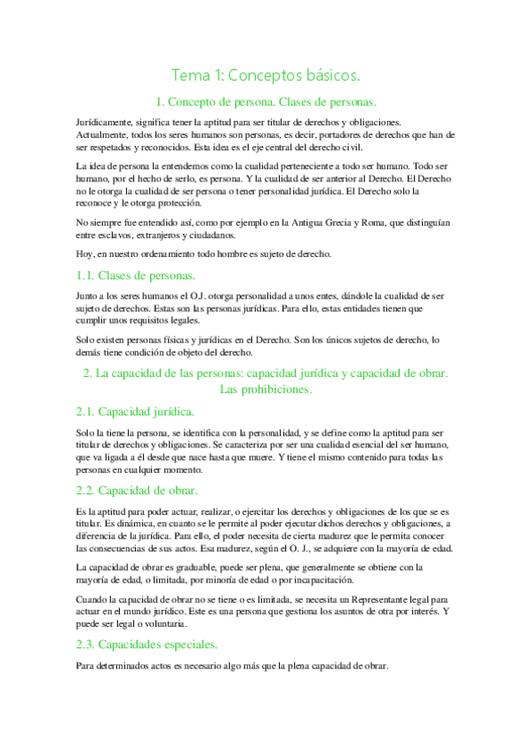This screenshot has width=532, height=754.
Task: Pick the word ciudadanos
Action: (x=210, y=236)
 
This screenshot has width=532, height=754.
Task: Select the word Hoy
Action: (x=85, y=254)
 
